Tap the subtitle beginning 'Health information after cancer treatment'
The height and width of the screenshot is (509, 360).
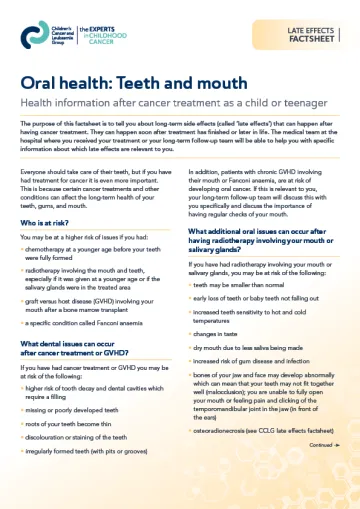(x=170, y=104)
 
